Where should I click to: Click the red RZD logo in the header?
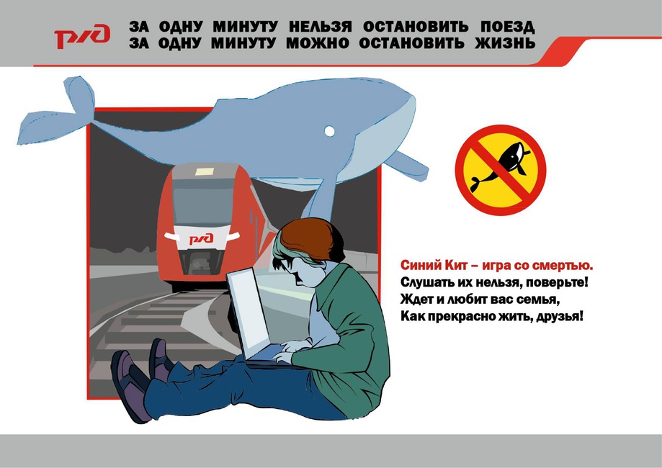point(82,36)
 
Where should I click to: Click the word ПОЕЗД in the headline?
point(507,27)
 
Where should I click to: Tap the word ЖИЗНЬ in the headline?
point(505,43)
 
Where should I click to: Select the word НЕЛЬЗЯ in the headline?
point(320,27)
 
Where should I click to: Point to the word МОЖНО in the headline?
point(318,43)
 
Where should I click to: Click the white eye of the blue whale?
point(329,131)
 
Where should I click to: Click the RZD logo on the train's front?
point(201,239)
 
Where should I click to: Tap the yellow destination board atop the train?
point(205,171)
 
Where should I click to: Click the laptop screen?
point(248,313)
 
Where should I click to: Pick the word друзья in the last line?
point(560,316)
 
